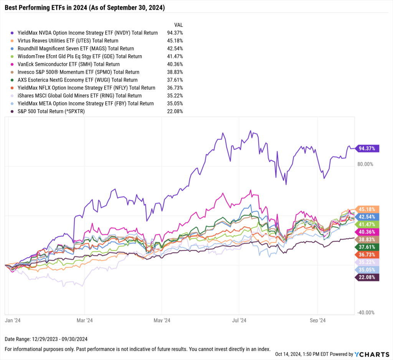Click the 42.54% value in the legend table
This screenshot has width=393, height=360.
[x=175, y=49]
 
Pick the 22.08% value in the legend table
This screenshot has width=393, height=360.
[x=175, y=111]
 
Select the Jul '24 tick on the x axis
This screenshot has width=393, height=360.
[x=239, y=320]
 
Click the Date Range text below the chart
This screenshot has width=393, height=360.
[x=43, y=340]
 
